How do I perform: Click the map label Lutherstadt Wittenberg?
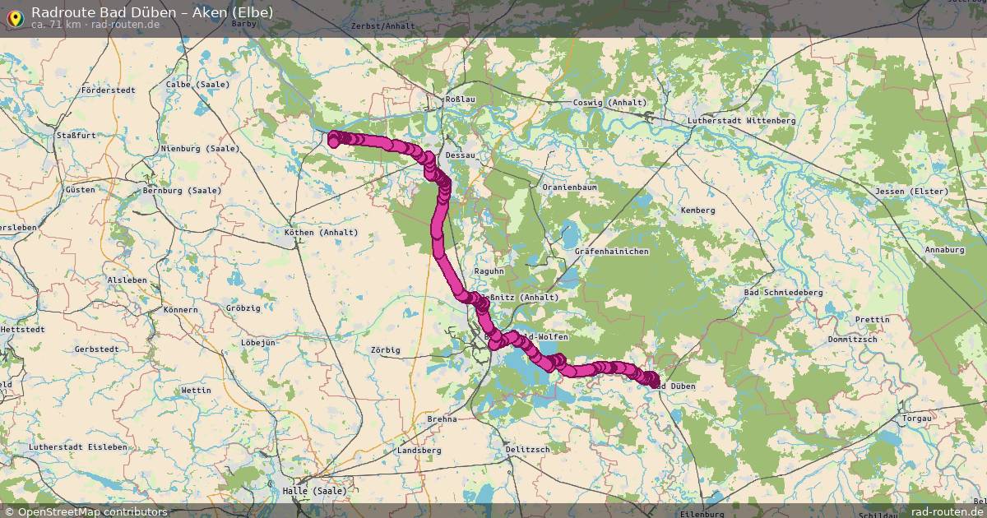(741, 121)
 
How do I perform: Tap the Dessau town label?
(460, 155)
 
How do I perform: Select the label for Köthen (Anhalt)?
(321, 233)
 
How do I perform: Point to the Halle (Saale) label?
(314, 491)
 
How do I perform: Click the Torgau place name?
(917, 419)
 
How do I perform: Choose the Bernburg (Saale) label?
(182, 191)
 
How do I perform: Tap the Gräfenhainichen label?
(612, 251)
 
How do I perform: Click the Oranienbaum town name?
(569, 187)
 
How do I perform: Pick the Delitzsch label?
(527, 449)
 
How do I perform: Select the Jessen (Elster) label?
(912, 192)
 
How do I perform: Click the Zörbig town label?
(385, 350)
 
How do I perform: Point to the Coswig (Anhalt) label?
(609, 103)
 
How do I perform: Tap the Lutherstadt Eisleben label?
(78, 447)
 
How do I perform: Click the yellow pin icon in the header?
(15, 16)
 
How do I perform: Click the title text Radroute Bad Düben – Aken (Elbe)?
(152, 12)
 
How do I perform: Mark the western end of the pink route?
(334, 140)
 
